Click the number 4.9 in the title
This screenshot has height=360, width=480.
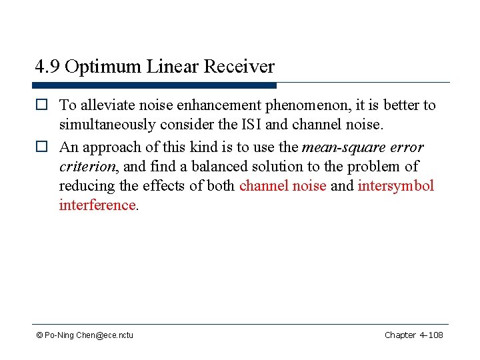pos(47,67)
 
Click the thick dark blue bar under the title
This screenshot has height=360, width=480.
pos(154,85)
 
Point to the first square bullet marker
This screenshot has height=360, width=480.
pos(42,105)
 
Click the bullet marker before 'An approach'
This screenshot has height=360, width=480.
pos(42,147)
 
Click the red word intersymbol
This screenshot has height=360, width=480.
pos(396,185)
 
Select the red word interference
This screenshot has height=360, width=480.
pos(97,205)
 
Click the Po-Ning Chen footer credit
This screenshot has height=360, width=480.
pos(85,335)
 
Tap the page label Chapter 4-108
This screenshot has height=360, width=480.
pos(413,335)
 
